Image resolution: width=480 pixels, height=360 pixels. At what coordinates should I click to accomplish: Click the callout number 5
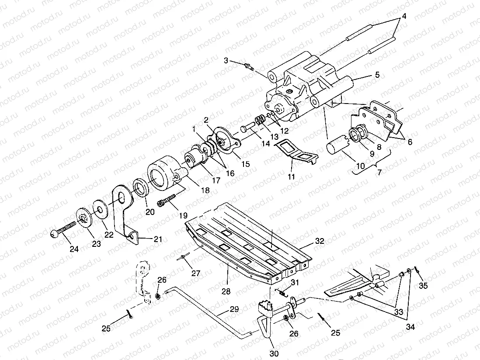377,75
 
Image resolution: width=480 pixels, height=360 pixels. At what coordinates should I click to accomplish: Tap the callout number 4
404,16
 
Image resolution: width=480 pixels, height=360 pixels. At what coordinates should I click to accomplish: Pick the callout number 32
320,241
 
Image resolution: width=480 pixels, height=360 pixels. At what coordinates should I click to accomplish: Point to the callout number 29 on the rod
234,309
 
